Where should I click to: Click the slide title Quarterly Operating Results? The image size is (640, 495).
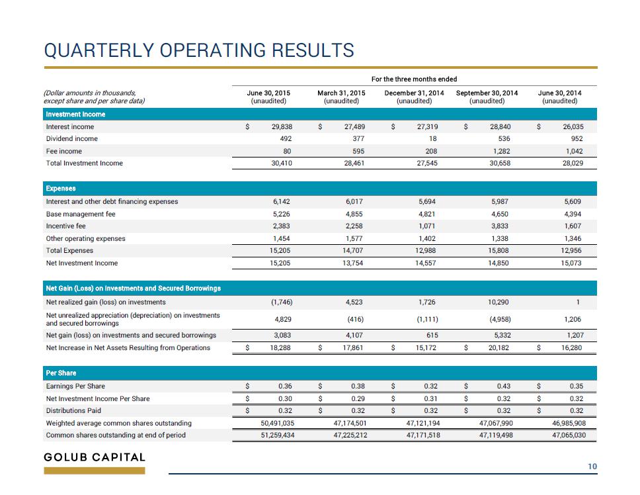click(199, 50)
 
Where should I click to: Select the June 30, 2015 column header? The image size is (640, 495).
click(268, 97)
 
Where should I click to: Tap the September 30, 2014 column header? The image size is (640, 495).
click(487, 97)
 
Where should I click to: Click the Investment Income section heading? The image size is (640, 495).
click(75, 114)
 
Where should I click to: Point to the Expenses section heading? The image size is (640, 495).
click(61, 189)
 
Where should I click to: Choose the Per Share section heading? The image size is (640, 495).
click(61, 373)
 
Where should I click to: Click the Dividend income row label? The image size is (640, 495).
click(72, 138)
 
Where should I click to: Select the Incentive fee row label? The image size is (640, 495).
click(65, 226)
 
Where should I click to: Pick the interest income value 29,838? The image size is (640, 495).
click(282, 126)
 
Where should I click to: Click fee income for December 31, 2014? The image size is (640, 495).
click(431, 151)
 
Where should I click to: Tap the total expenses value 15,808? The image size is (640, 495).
click(499, 250)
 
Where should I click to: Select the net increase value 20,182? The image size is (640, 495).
click(499, 347)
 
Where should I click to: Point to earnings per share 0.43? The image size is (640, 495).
click(504, 386)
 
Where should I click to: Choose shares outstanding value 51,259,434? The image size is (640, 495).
click(278, 435)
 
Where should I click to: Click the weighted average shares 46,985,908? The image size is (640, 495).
click(569, 423)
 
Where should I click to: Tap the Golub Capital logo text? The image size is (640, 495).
click(95, 457)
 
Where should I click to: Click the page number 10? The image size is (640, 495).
click(592, 467)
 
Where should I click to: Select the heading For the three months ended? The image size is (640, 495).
click(415, 79)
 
